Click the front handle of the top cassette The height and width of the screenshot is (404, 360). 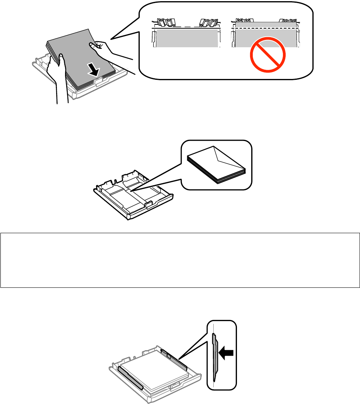pos(100,80)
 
